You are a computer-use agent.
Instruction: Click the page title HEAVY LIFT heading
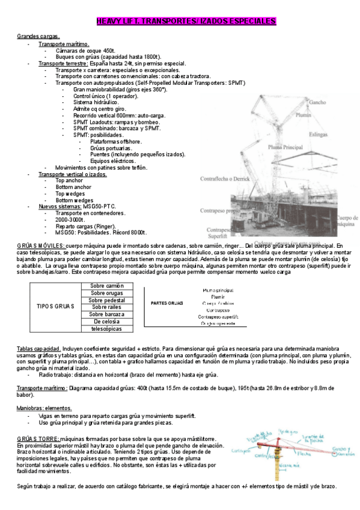click(x=186, y=22)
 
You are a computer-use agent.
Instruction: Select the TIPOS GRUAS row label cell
click(x=55, y=307)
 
